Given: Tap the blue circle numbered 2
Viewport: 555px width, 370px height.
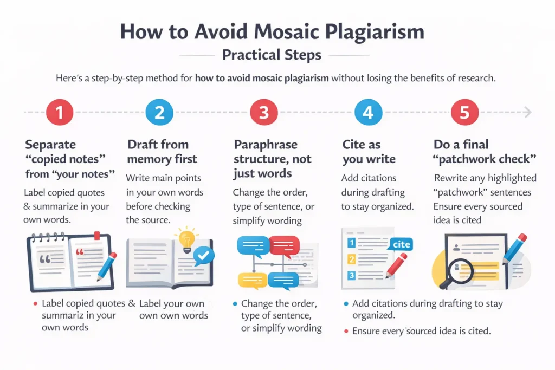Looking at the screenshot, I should click(x=159, y=112).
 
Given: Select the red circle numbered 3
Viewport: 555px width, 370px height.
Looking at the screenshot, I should click(x=263, y=112).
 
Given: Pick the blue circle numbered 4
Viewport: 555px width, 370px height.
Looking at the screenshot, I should click(x=368, y=112).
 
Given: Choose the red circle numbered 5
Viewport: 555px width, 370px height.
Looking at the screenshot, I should click(x=464, y=112).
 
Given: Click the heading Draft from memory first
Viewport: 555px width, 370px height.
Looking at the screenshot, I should click(x=158, y=152).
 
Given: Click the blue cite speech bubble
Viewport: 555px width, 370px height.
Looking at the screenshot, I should click(x=401, y=244).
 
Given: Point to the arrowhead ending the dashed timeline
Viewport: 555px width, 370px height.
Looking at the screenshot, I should click(x=528, y=112).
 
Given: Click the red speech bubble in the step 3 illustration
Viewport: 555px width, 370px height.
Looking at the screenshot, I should click(x=284, y=245).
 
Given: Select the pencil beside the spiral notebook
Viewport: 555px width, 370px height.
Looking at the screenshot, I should click(x=106, y=266).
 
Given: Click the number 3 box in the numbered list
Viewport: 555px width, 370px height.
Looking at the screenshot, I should click(x=351, y=276).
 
